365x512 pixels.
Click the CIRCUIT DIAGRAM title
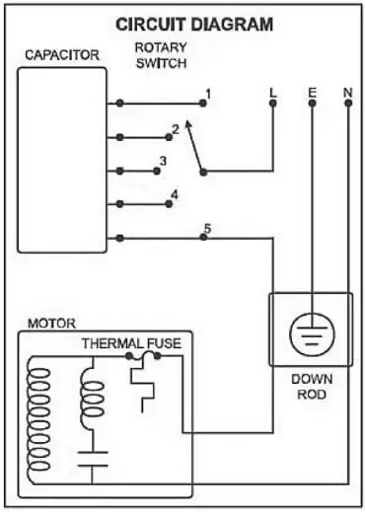(194, 24)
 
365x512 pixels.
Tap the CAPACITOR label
(61, 55)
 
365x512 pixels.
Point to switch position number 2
(175, 128)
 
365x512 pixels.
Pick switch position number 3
(163, 160)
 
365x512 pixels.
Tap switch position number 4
(175, 193)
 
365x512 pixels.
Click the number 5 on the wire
(206, 229)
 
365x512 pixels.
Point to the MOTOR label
(46, 323)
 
